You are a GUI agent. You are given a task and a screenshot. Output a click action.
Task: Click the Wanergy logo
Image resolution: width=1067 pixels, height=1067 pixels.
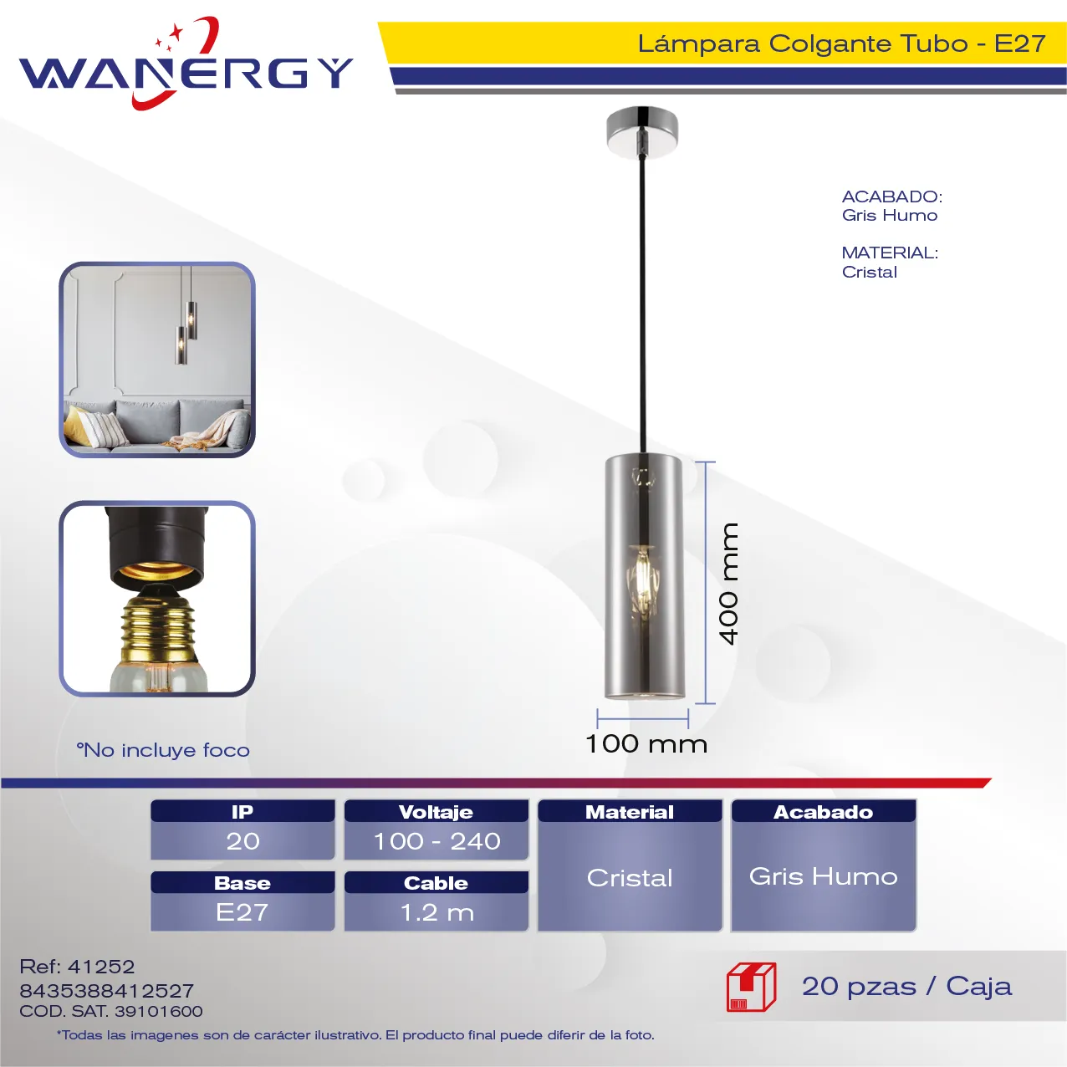click(186, 64)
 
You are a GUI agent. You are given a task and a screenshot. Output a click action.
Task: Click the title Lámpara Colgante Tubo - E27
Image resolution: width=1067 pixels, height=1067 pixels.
click(841, 43)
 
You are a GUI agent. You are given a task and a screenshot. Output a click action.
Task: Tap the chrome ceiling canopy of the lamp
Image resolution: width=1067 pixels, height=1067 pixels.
click(642, 131)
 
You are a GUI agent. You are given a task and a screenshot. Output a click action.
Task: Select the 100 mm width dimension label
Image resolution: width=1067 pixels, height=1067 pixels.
click(646, 744)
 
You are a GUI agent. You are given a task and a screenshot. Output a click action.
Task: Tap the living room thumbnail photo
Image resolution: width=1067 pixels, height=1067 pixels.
click(157, 360)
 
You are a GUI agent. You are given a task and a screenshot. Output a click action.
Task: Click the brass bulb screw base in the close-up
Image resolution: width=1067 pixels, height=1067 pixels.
click(158, 625)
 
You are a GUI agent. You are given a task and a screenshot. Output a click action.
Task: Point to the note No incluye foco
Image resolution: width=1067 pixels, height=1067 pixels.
click(163, 750)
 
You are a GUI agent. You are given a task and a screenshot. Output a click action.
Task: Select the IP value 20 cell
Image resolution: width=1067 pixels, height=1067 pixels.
click(242, 841)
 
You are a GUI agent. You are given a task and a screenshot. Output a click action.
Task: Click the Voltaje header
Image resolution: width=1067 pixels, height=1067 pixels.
click(436, 812)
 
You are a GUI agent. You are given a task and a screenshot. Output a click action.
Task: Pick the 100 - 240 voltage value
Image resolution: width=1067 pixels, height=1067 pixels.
click(436, 841)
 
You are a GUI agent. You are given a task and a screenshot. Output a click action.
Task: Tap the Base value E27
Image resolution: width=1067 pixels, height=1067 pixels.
click(242, 912)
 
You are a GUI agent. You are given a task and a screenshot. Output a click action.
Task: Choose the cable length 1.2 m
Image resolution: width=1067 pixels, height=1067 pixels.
click(436, 912)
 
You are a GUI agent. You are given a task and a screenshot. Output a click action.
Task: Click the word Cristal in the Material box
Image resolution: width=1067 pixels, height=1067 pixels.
click(630, 878)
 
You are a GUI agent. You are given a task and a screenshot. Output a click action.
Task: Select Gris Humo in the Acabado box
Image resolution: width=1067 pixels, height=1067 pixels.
click(824, 876)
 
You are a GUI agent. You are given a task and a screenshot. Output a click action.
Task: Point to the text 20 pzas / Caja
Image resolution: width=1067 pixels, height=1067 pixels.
click(907, 987)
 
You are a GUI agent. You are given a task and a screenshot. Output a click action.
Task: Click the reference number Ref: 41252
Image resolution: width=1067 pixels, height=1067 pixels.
click(77, 967)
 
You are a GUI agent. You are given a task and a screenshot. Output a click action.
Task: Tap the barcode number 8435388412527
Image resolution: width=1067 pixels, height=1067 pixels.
click(107, 991)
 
